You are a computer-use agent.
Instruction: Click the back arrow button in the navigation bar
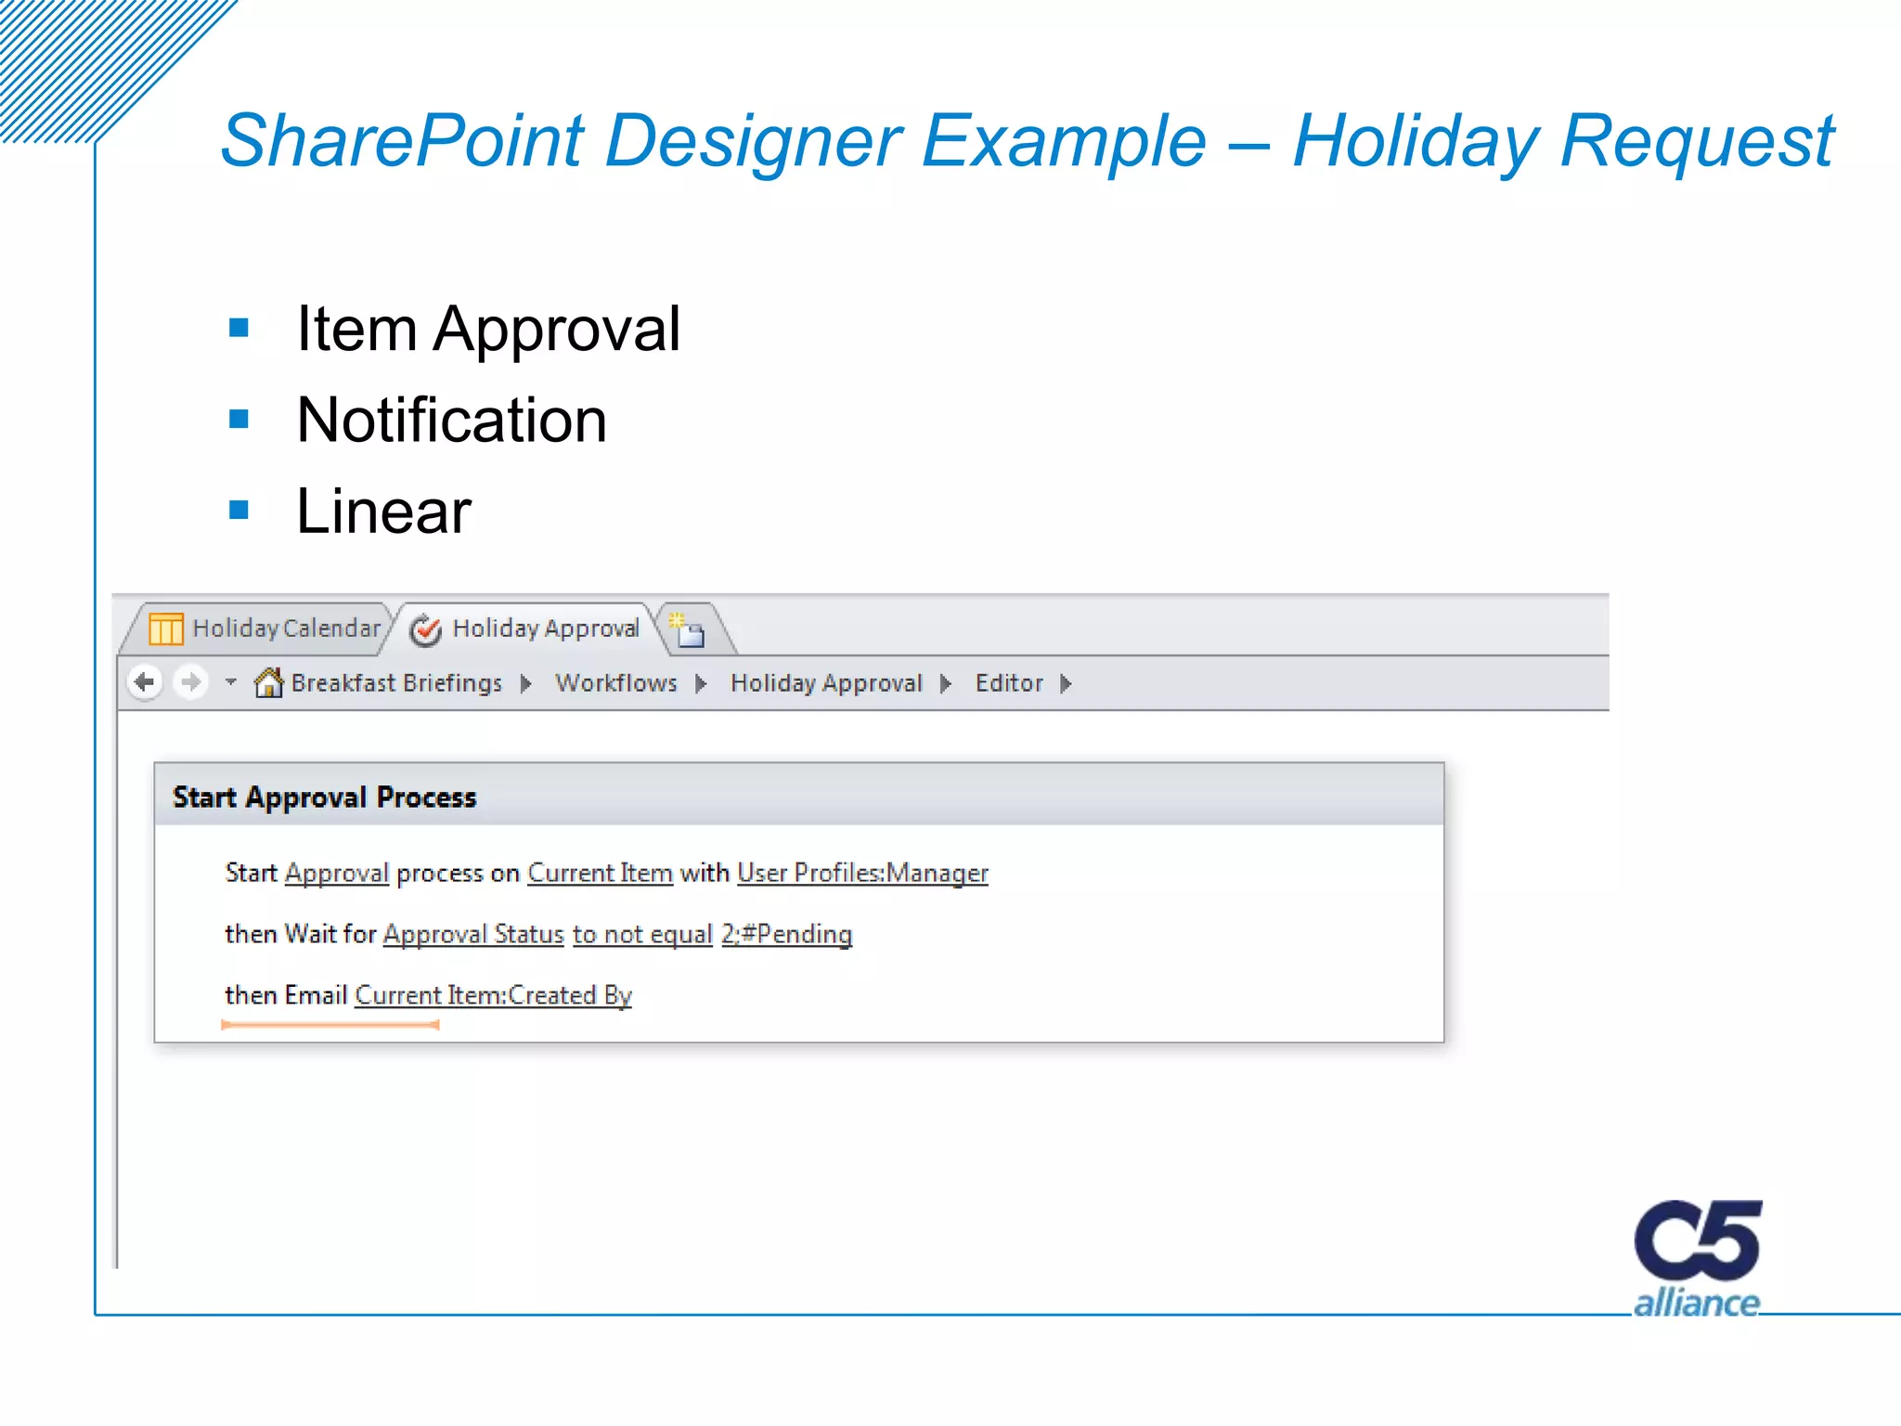tap(145, 683)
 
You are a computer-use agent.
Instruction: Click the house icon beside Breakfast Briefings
tap(268, 683)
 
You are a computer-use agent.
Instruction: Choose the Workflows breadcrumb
tap(616, 683)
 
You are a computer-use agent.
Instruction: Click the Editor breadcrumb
tap(1009, 683)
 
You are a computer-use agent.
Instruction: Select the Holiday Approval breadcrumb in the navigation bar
tap(826, 683)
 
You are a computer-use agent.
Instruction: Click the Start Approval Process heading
tap(324, 797)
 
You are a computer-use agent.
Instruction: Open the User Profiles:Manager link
tap(862, 874)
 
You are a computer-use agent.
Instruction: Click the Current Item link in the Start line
tap(600, 874)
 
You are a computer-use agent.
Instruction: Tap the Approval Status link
tap(473, 934)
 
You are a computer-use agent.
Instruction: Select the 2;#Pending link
tap(786, 934)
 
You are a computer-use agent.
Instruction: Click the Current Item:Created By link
tap(493, 995)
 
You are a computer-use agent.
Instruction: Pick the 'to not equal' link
tap(642, 934)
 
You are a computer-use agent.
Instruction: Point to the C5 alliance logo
tap(1697, 1258)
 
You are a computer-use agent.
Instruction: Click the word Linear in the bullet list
tap(383, 512)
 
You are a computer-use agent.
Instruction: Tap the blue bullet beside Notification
tap(239, 420)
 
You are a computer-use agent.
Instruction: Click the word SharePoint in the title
tap(403, 141)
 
